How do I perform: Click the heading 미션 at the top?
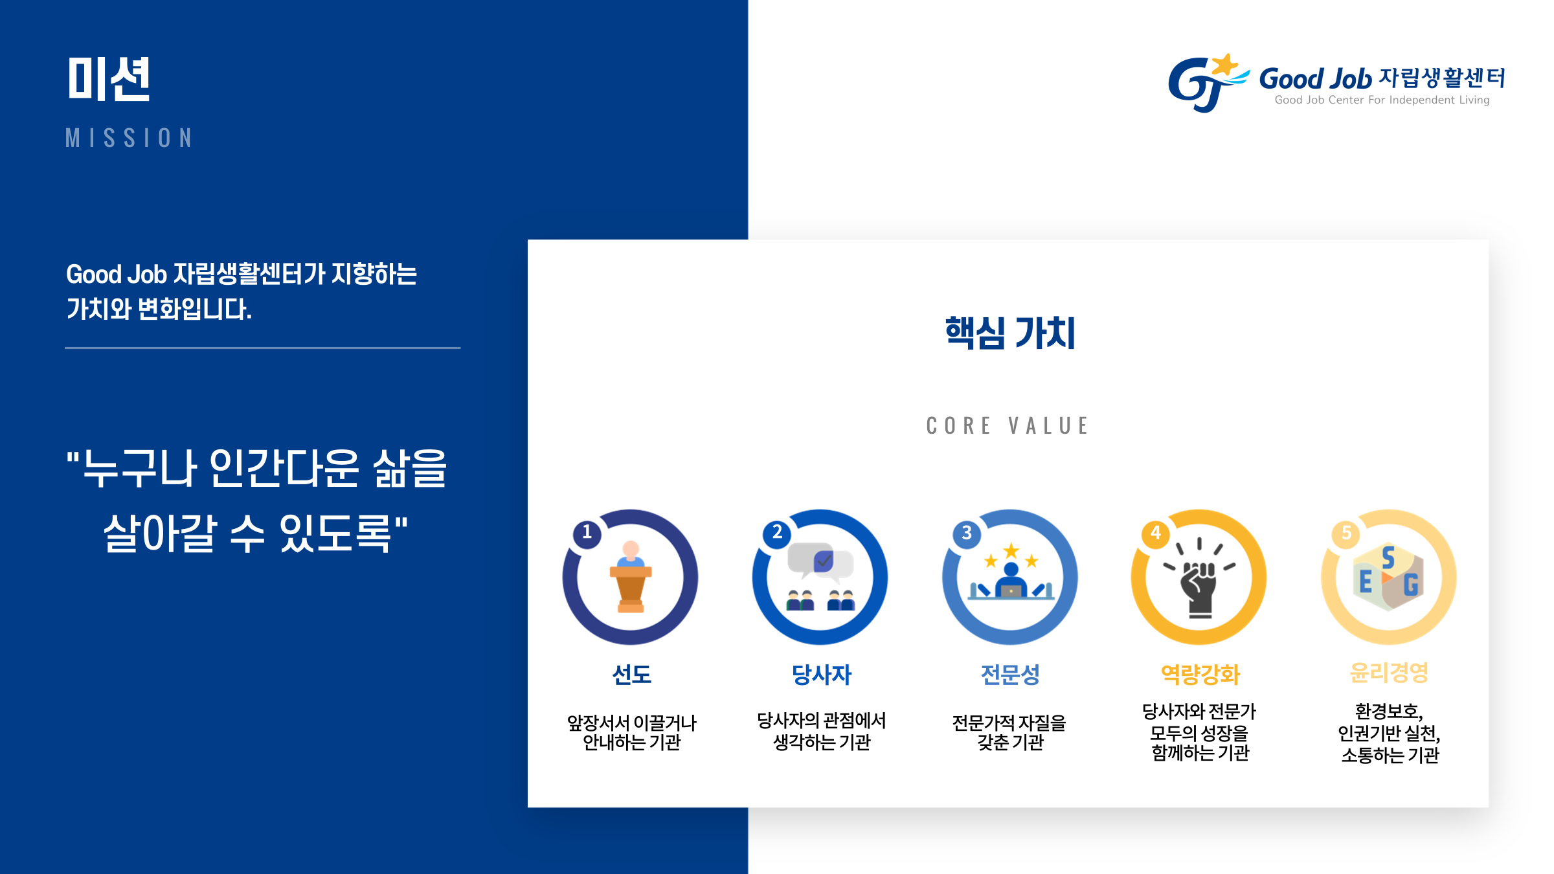pyautogui.click(x=109, y=78)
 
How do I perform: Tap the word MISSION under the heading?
pyautogui.click(x=129, y=138)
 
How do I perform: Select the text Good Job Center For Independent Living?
pyautogui.click(x=1382, y=100)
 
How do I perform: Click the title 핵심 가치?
pyautogui.click(x=1009, y=333)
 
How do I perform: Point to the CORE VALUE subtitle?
pyautogui.click(x=1008, y=425)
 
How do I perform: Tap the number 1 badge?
pyautogui.click(x=587, y=533)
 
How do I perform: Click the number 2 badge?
pyautogui.click(x=777, y=533)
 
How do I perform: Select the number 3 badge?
pyautogui.click(x=967, y=533)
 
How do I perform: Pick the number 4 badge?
pyautogui.click(x=1156, y=533)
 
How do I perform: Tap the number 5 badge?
pyautogui.click(x=1346, y=533)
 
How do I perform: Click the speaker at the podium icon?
pyautogui.click(x=631, y=577)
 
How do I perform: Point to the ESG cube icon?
pyautogui.click(x=1388, y=577)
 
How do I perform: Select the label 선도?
pyautogui.click(x=631, y=675)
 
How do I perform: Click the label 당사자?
pyautogui.click(x=821, y=675)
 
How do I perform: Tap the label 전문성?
pyautogui.click(x=1010, y=675)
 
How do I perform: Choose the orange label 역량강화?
pyautogui.click(x=1200, y=675)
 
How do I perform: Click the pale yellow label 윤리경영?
pyautogui.click(x=1389, y=673)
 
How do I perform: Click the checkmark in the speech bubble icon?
pyautogui.click(x=823, y=561)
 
